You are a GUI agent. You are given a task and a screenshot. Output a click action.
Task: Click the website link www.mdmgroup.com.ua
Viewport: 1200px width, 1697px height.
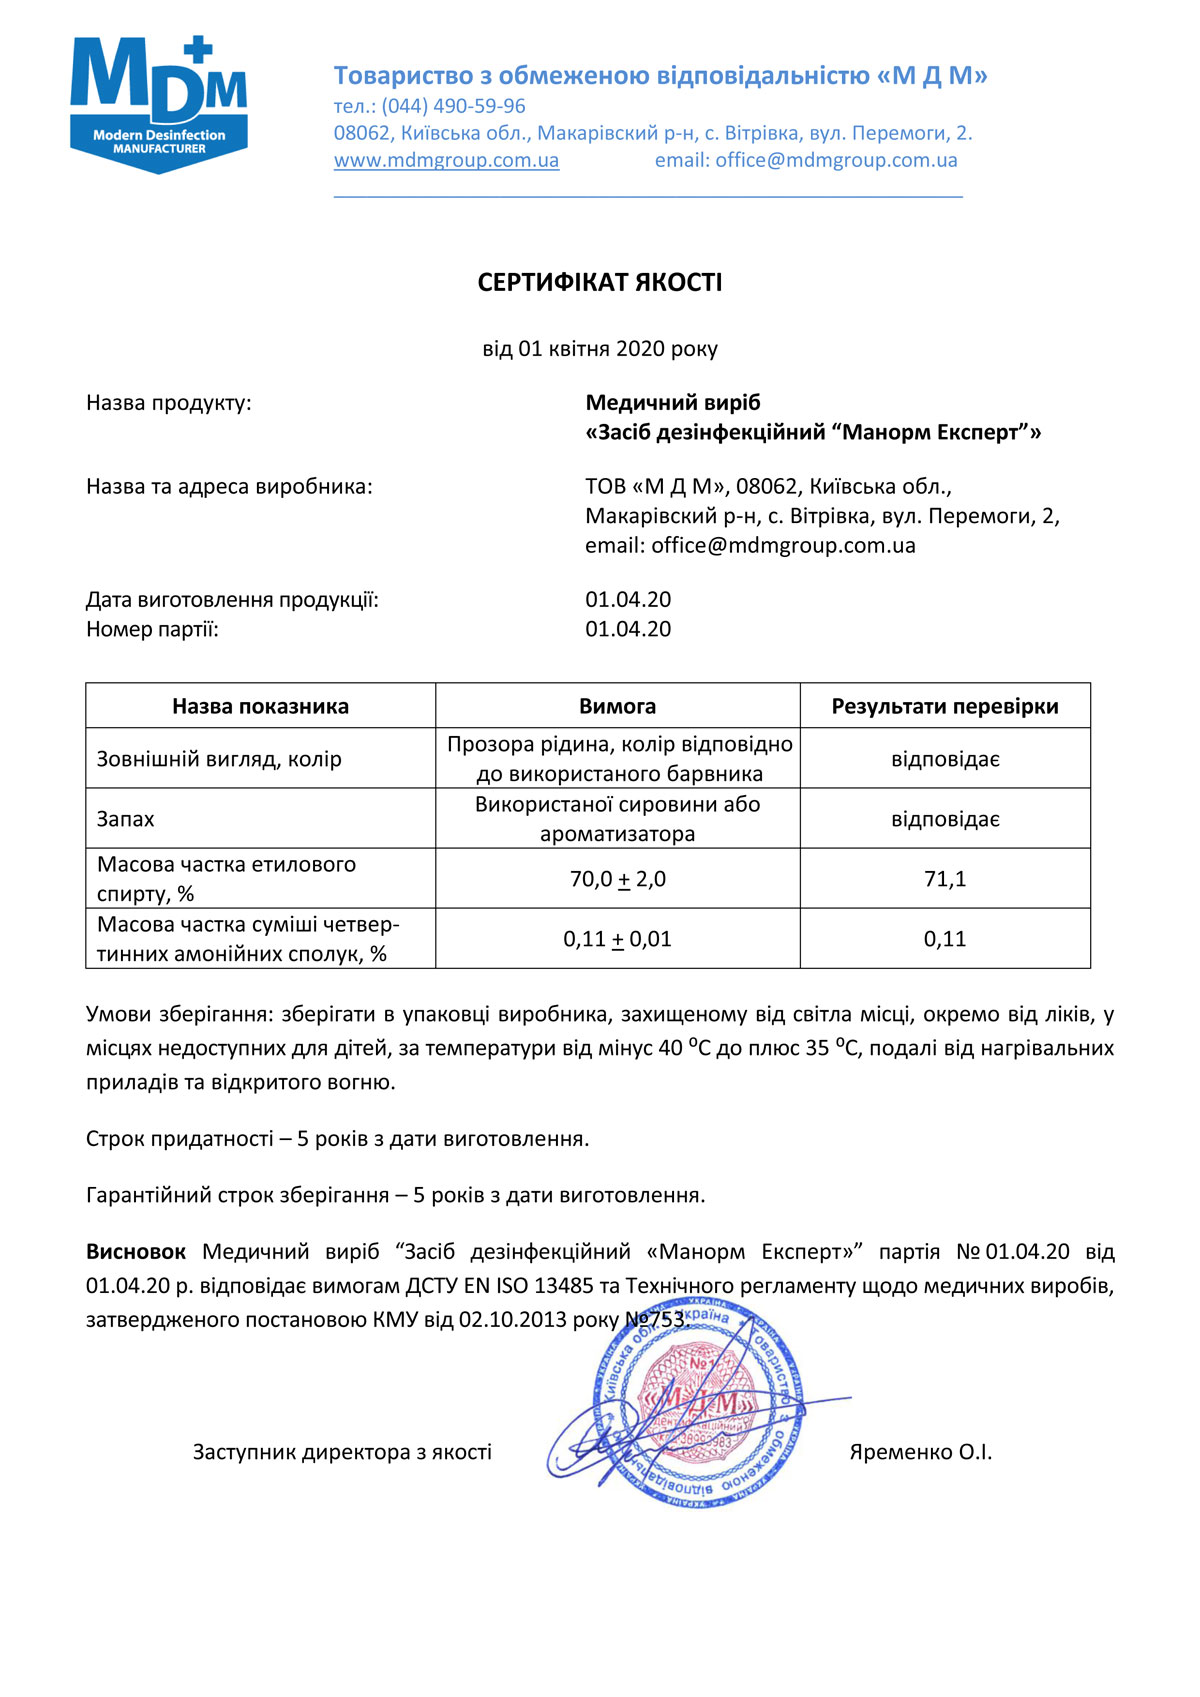click(x=446, y=160)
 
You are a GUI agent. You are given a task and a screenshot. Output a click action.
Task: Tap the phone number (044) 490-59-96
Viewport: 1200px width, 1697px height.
click(x=453, y=106)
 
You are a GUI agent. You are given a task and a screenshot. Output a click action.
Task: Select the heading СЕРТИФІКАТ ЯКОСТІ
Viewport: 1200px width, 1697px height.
click(x=599, y=283)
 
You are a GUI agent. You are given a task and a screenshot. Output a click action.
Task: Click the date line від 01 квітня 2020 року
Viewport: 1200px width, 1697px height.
click(x=599, y=349)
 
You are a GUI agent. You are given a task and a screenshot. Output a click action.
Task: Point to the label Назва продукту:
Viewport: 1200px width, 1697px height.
click(x=168, y=403)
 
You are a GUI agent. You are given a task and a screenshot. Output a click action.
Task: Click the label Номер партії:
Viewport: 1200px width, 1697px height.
click(x=152, y=629)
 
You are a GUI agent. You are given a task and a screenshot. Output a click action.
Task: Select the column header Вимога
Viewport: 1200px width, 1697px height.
click(x=617, y=706)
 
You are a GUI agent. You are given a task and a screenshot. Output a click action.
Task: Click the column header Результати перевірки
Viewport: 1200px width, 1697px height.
click(x=944, y=706)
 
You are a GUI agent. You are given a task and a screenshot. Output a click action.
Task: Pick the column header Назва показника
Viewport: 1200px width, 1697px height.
click(x=260, y=706)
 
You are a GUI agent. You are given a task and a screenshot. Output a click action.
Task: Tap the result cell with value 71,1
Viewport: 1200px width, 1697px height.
click(x=944, y=879)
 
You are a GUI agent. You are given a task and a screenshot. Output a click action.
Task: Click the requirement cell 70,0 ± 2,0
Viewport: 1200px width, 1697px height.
click(x=617, y=879)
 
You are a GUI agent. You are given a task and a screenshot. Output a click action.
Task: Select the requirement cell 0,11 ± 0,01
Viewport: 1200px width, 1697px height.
click(x=617, y=939)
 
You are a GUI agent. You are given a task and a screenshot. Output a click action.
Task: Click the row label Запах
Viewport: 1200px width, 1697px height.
click(x=125, y=819)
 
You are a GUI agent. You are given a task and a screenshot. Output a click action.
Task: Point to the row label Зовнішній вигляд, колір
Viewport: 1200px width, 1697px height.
click(x=218, y=759)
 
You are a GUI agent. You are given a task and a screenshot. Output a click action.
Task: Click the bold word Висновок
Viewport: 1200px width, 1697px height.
click(x=136, y=1252)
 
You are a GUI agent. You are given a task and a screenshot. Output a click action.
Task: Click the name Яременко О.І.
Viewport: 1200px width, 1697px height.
click(x=920, y=1452)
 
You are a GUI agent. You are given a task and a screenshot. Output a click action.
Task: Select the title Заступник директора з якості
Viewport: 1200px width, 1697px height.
click(x=342, y=1452)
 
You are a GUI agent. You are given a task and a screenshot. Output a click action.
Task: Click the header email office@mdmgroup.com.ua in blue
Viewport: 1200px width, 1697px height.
click(x=806, y=160)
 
